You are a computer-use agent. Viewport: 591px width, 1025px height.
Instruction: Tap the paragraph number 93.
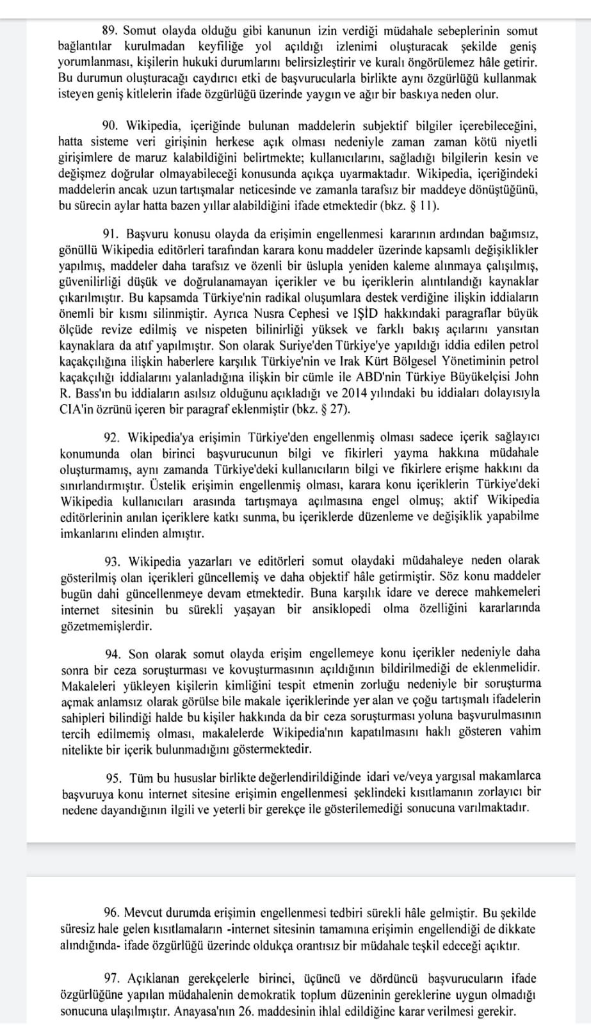(x=113, y=561)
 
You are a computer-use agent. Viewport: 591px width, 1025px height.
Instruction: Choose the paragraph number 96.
(x=111, y=912)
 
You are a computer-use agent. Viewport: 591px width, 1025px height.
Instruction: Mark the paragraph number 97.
(x=112, y=978)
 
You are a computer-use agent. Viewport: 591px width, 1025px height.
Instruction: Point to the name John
(x=525, y=377)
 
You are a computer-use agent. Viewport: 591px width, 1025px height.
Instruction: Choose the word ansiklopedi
(x=341, y=608)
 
